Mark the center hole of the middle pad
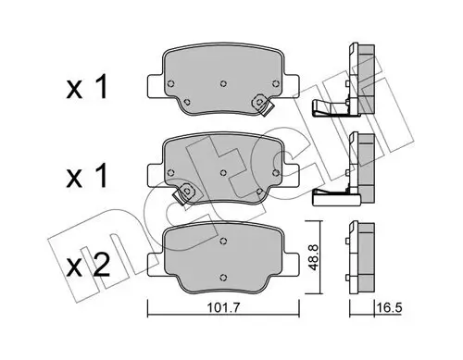click(x=224, y=172)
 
